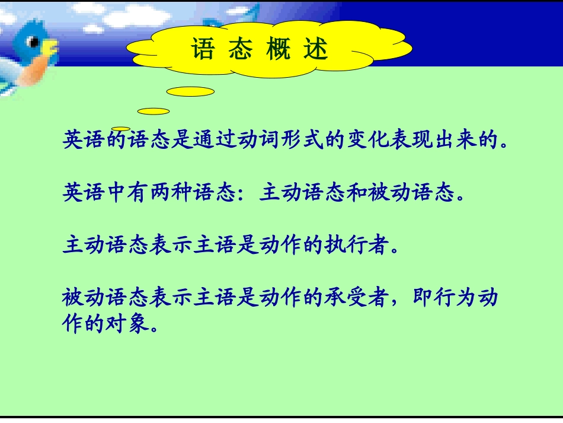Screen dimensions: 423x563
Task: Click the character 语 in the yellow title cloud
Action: [203, 50]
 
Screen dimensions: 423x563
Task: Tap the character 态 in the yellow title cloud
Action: [240, 50]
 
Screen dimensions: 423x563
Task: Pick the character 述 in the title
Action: [315, 50]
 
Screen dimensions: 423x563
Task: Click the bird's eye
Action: [35, 42]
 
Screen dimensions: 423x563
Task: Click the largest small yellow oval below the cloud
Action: [190, 91]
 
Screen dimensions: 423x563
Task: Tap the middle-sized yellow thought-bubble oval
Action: [153, 111]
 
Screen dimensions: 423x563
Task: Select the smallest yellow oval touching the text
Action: [121, 129]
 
